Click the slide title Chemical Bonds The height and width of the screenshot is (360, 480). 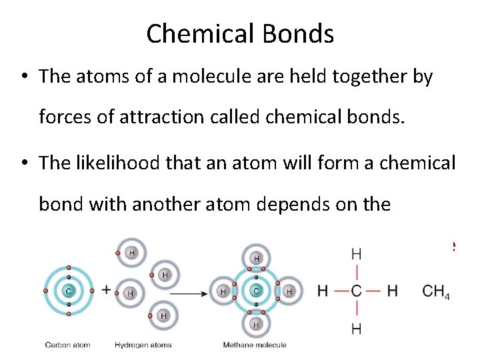[x=240, y=33]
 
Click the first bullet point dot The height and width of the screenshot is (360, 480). [x=23, y=77]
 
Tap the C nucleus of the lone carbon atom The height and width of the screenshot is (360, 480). [x=68, y=291]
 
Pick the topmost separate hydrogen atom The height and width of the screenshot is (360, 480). [x=132, y=253]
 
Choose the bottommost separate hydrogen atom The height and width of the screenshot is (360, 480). [x=163, y=315]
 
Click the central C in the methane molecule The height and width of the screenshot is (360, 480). [x=257, y=291]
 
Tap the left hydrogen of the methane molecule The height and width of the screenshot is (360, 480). [x=223, y=291]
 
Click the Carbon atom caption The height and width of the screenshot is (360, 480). [x=67, y=345]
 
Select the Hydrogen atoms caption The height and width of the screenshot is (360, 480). [x=143, y=345]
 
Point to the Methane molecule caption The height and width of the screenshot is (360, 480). [x=255, y=345]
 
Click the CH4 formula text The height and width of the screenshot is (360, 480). [x=436, y=292]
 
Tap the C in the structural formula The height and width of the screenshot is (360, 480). [x=357, y=291]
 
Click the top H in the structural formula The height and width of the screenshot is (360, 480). [x=357, y=254]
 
